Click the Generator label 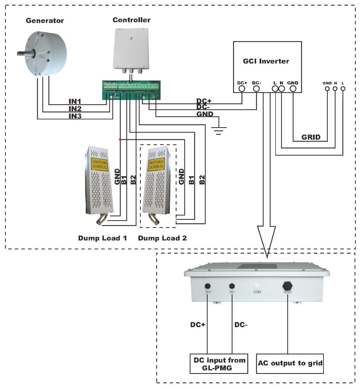tap(44, 21)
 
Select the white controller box tap(131, 48)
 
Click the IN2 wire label tap(75, 109)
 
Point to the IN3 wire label tap(75, 116)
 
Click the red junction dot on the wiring tap(120, 139)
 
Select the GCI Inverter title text tap(266, 61)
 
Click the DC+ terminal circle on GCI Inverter tap(241, 89)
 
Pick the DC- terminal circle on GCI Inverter tap(256, 89)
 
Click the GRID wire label tap(311, 137)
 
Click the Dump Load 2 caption tap(162, 238)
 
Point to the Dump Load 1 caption tap(102, 238)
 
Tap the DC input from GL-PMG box tap(220, 363)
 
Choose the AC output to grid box tap(290, 363)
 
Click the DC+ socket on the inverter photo tap(208, 284)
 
